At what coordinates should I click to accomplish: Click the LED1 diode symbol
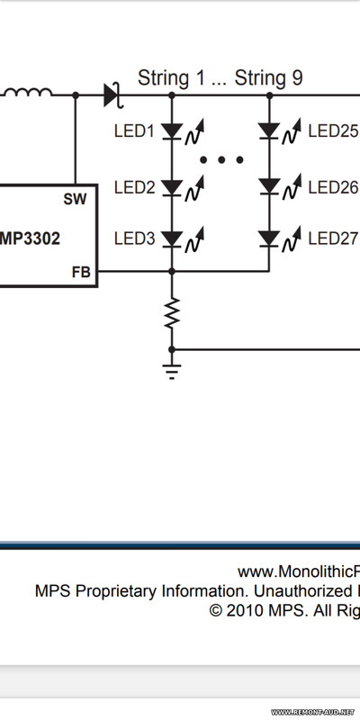172,131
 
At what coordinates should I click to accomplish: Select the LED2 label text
134,187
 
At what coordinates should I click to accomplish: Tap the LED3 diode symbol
172,238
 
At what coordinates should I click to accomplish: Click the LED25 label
334,131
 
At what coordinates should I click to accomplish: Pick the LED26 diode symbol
269,186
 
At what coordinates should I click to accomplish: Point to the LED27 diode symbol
269,238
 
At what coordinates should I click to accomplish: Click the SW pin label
75,199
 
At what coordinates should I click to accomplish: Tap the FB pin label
81,273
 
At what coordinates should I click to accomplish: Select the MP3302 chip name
30,238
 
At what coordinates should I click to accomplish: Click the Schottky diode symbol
113,95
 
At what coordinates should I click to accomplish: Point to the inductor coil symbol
28,93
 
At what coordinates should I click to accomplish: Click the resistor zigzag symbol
172,312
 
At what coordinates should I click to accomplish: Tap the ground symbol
172,372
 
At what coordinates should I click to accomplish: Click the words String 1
171,78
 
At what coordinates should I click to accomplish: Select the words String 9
268,78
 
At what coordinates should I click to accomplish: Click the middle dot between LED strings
221,160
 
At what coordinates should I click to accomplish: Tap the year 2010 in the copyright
245,610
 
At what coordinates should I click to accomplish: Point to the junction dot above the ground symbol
172,350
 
